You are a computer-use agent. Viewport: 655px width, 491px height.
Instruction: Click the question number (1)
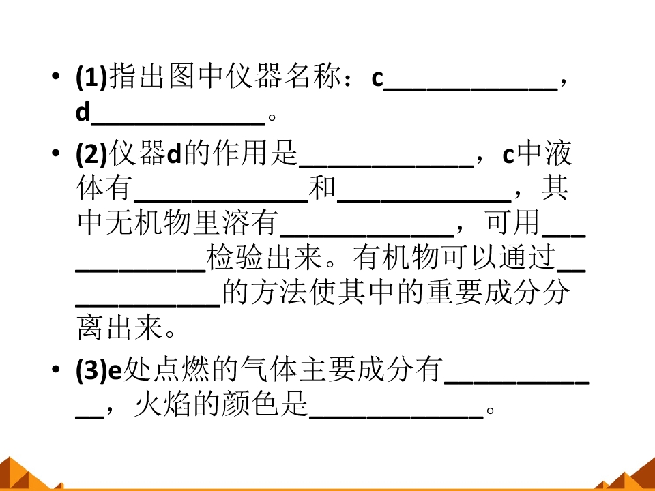[91, 77]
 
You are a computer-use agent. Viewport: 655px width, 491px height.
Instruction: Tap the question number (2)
[91, 153]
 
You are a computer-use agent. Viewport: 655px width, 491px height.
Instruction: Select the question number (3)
[91, 370]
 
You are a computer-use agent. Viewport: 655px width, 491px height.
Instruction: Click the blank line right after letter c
[470, 89]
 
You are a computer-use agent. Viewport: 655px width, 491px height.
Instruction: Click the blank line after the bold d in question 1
[177, 123]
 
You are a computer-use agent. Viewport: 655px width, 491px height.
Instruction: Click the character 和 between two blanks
[322, 188]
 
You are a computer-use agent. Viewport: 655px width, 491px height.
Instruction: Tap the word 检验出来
[264, 258]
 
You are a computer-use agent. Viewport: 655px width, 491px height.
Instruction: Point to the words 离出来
[119, 328]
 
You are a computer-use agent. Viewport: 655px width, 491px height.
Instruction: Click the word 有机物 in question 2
[396, 258]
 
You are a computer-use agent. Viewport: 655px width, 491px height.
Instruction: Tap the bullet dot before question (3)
[55, 370]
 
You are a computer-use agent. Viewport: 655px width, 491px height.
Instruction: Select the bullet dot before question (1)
[55, 76]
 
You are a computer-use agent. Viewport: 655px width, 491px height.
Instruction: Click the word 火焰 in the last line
[162, 404]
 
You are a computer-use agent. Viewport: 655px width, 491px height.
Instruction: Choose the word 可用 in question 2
[512, 222]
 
